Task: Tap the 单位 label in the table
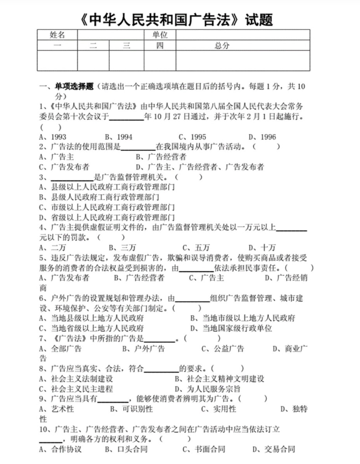(160, 35)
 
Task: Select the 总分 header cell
(222, 45)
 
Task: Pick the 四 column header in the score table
(160, 45)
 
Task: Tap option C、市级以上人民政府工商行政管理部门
(107, 207)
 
